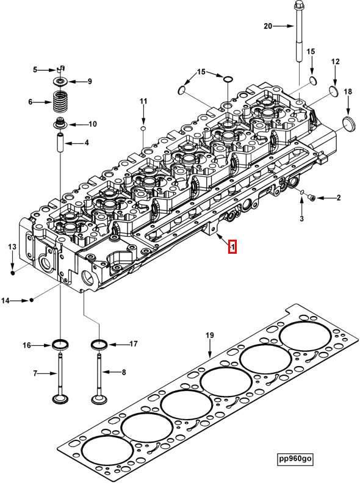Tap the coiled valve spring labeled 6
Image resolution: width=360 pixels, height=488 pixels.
61,101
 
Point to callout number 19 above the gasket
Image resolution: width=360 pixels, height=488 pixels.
209,335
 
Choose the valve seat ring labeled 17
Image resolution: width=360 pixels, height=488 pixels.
99,346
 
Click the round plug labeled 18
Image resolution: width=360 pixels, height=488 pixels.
349,121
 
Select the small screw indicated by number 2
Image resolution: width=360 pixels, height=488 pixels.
312,198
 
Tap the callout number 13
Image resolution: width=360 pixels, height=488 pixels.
12,246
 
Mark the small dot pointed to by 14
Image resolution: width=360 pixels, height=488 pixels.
32,300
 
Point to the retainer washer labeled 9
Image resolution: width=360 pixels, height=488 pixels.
60,81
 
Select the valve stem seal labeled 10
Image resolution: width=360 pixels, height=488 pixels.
60,124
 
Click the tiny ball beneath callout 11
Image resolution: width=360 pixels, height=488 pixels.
143,129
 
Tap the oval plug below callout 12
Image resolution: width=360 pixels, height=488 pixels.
334,91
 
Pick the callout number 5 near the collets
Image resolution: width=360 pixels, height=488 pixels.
35,69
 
